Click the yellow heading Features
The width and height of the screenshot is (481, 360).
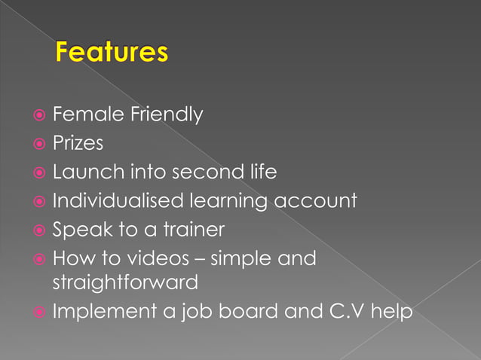coord(111,53)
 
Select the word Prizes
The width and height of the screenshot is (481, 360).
coord(78,144)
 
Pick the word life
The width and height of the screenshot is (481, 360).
coord(261,172)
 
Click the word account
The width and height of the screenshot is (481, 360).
coord(314,201)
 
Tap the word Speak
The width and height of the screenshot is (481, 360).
coord(81,230)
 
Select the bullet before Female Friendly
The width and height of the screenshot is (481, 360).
coord(38,116)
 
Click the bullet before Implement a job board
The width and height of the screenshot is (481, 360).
coord(38,311)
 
